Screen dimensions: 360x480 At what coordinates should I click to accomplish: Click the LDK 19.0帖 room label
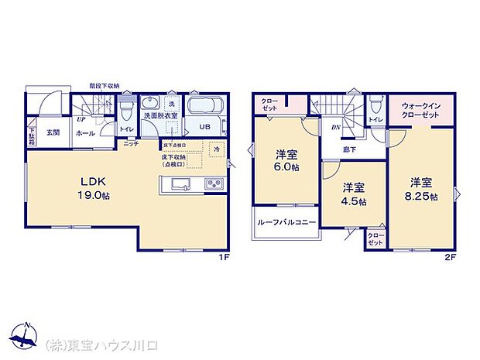point(92,189)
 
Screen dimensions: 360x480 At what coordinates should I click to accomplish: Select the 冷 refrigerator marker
point(217,149)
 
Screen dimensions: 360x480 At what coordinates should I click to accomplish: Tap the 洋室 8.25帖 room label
point(423,188)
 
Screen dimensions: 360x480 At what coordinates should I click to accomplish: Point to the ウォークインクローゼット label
point(420,110)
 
